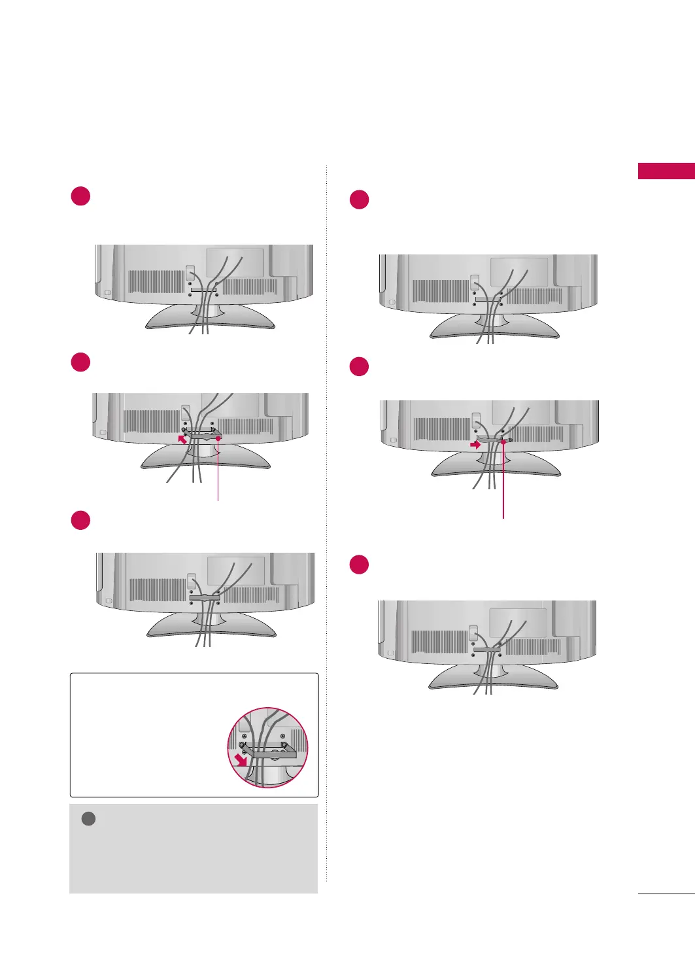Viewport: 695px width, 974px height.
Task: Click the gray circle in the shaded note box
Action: [x=88, y=819]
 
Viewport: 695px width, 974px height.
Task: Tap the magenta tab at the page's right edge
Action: [x=666, y=171]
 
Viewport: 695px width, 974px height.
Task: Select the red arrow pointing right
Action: [x=475, y=444]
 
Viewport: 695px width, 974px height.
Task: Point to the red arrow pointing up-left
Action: [x=182, y=439]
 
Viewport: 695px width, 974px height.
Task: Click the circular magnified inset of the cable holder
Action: [x=267, y=747]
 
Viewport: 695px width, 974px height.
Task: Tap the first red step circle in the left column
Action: [x=80, y=196]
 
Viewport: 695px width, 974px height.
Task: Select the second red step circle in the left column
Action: [x=80, y=362]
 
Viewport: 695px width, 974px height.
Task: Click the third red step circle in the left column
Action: [x=80, y=521]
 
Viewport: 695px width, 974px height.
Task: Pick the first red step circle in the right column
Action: [x=360, y=200]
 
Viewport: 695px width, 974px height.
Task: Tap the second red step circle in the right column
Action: [x=360, y=366]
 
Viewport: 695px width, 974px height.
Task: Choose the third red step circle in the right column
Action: [x=360, y=565]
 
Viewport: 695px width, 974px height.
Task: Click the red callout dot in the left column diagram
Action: [x=218, y=439]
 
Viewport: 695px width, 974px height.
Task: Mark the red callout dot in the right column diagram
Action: [x=503, y=442]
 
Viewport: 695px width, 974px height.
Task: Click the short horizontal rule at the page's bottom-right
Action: [x=666, y=894]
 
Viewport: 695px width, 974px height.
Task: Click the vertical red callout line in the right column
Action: [x=503, y=484]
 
